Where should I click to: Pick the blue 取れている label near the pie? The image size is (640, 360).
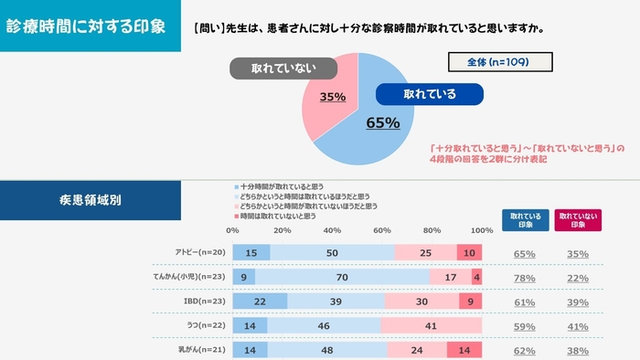429,93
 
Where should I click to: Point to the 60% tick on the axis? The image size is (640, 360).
382,230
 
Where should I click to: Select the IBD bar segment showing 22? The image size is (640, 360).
261,301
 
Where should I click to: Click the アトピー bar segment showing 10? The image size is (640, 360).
469,251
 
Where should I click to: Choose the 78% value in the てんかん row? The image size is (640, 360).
525,277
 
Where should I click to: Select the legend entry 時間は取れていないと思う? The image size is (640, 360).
278,216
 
